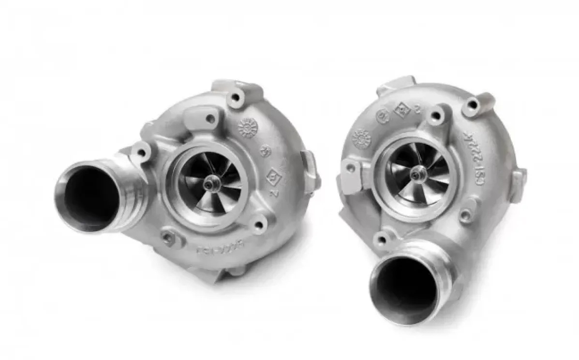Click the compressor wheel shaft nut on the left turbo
211,183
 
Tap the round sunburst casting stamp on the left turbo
248,128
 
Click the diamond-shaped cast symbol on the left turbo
274,175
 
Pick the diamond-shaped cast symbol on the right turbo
401,110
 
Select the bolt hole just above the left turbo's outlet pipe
141,152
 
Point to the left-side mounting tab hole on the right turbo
351,168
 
